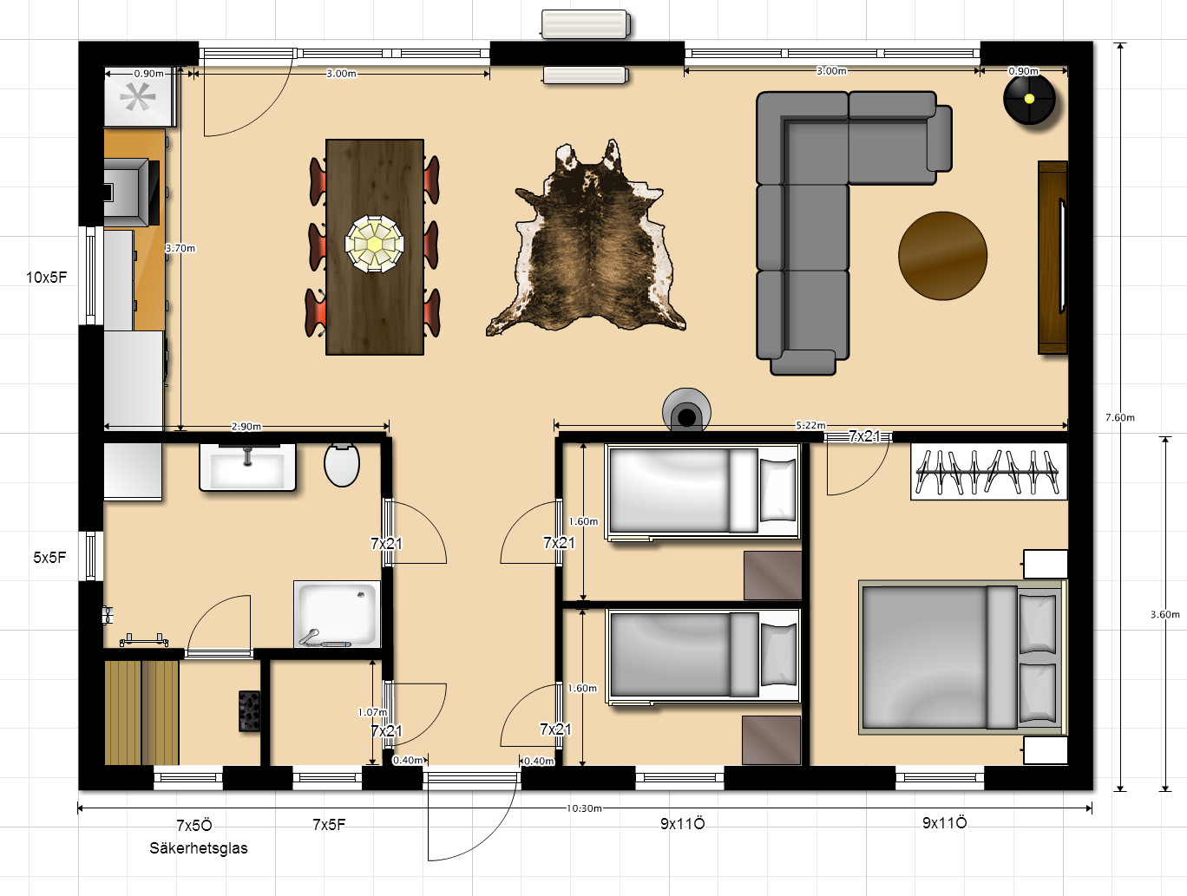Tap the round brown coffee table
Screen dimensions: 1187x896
tap(942, 256)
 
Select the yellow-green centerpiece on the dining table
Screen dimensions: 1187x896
tap(374, 244)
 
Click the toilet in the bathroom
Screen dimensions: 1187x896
tap(342, 465)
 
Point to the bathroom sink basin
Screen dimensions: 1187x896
tap(247, 468)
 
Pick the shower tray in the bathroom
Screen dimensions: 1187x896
tap(337, 614)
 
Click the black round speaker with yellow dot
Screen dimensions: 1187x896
tap(1029, 99)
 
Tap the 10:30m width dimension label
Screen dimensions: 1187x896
tap(584, 808)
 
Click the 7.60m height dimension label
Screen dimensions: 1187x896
tap(1120, 417)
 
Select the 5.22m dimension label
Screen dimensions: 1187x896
tap(810, 425)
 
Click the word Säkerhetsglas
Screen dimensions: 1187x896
tap(199, 848)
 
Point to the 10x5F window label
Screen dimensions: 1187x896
tap(47, 278)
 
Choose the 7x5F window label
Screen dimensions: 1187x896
tap(329, 825)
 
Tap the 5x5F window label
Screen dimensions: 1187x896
tap(49, 557)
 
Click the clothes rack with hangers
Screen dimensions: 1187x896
tap(988, 472)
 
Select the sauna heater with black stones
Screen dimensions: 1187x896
tap(249, 712)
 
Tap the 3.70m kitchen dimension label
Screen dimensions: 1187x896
tap(180, 248)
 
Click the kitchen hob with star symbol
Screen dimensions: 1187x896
tap(139, 98)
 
